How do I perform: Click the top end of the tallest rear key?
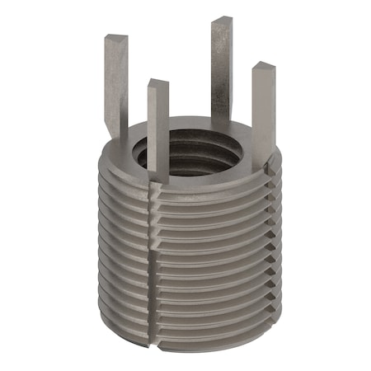(x=220, y=21)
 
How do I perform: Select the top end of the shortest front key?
(x=157, y=83)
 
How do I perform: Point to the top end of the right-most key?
(x=262, y=66)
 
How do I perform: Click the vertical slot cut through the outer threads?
(x=154, y=264)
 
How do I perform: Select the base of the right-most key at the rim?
(x=262, y=157)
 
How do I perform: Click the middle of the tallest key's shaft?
(x=220, y=70)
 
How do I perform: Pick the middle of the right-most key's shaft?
(x=262, y=111)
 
